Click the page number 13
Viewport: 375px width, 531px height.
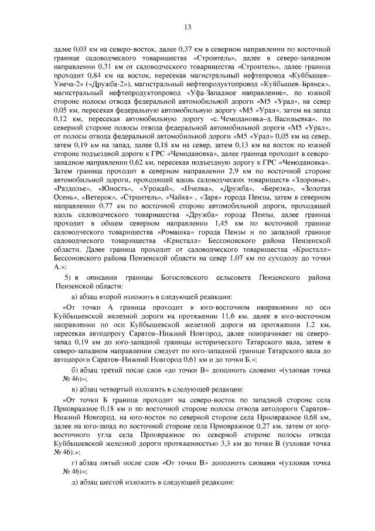tap(187, 26)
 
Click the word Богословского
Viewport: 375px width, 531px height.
tap(183, 276)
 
